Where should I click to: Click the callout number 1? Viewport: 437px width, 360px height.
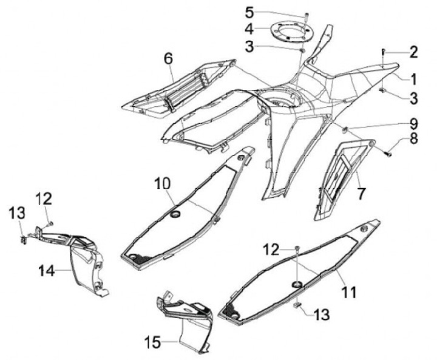coord(413,79)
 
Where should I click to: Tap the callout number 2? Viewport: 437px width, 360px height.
coord(413,53)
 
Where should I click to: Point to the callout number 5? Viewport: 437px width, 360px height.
coord(250,12)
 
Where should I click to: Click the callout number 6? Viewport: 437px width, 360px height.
coord(168,59)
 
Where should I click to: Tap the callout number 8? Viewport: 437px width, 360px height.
coord(413,138)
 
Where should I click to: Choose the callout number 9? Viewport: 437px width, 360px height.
coord(413,123)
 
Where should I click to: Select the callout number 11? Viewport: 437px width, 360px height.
coord(348,292)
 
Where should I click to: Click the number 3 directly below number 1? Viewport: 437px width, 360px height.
coord(413,97)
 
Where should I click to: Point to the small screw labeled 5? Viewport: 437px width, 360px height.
coord(307,13)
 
